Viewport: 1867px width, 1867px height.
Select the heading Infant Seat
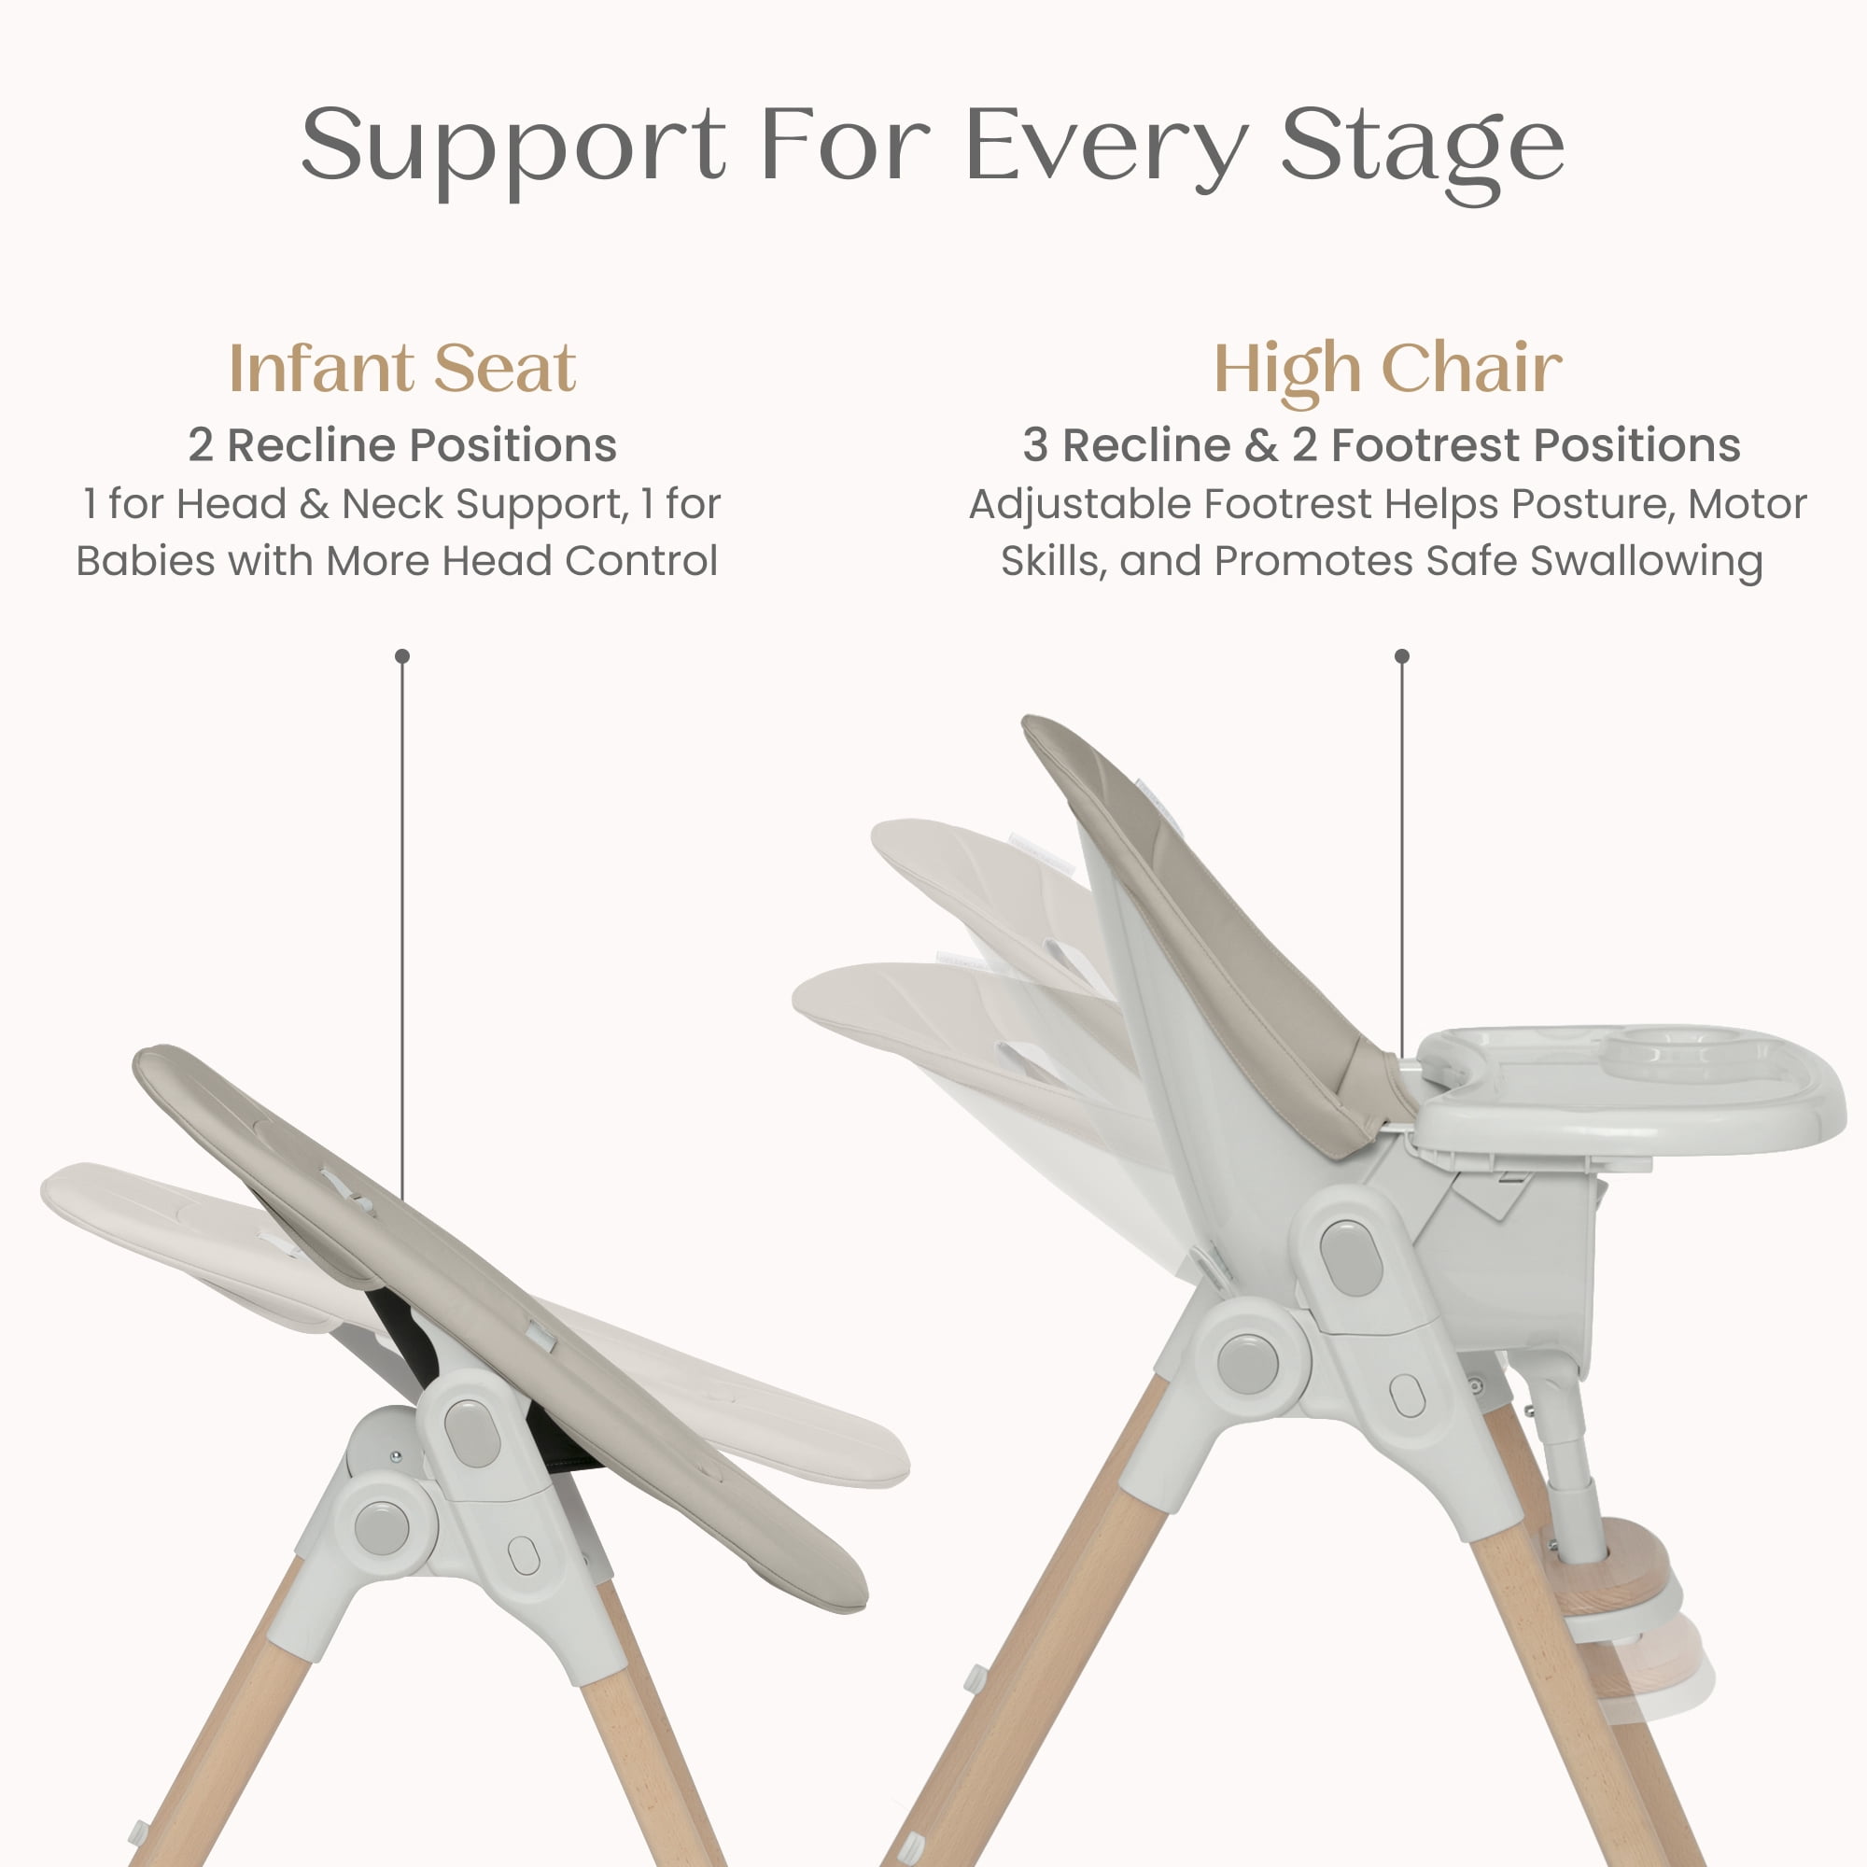point(402,368)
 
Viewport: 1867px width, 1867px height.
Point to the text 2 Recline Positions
point(402,445)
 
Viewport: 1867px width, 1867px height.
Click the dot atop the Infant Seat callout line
point(403,656)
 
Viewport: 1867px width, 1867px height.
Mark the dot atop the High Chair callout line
point(1402,656)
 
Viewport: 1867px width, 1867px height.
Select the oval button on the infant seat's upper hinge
point(472,1434)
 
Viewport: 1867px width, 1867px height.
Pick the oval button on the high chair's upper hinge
point(1351,1257)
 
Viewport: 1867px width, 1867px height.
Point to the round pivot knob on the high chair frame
point(1247,1363)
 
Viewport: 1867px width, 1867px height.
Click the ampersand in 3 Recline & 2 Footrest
point(1261,445)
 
